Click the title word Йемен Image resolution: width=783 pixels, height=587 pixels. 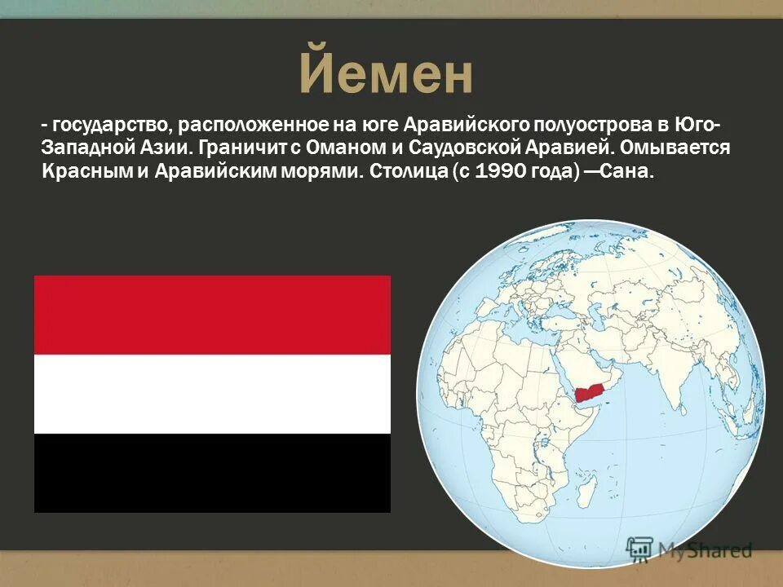[386, 75]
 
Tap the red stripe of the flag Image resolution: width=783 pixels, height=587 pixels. [212, 315]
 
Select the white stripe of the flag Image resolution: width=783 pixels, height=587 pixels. [212, 394]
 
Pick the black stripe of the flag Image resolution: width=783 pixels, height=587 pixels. [212, 473]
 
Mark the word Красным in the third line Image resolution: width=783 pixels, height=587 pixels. [78, 172]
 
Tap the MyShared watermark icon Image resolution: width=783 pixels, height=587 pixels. [639, 549]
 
